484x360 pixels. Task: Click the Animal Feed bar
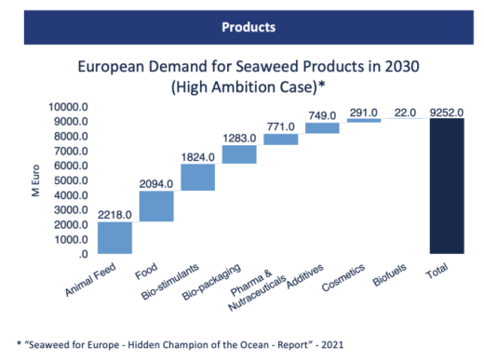[x=114, y=237]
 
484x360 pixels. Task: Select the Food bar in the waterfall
[x=156, y=207]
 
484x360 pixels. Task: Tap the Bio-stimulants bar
[x=197, y=177]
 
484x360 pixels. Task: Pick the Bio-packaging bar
[x=239, y=153]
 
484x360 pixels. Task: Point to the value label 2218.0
[x=114, y=214]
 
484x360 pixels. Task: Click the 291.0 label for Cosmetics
[x=364, y=113]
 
